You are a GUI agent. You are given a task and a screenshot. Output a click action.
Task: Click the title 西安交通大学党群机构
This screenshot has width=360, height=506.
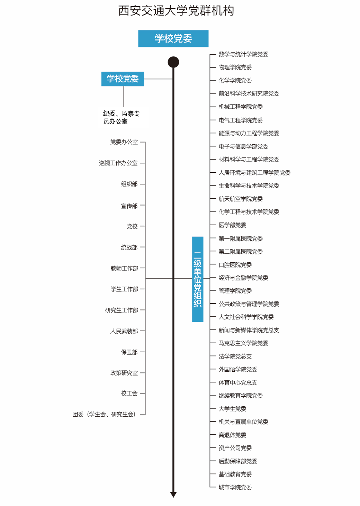pos(176,11)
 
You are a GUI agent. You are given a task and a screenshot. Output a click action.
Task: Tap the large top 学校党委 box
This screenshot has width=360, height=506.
pos(173,39)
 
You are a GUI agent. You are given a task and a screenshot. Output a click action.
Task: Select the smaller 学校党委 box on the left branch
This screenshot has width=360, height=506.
pos(123,79)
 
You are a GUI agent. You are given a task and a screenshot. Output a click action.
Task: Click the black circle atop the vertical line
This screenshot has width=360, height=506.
pos(173,62)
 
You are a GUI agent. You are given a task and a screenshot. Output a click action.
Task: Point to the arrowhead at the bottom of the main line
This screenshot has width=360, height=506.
pos(173,495)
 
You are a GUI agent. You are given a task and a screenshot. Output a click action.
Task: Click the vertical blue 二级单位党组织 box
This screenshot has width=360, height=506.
pos(198,279)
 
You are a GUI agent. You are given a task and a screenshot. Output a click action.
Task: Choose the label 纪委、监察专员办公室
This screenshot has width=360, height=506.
pos(121,117)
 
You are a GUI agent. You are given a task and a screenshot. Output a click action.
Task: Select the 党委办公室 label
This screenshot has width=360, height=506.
pos(124,142)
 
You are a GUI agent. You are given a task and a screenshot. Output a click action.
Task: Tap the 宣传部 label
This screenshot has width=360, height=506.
pos(129,206)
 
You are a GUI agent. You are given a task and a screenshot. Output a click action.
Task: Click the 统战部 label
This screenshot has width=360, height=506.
pos(129,247)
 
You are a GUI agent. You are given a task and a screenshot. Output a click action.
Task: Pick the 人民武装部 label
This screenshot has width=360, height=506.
pos(124,331)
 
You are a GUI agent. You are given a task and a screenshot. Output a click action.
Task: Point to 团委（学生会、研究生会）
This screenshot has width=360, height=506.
pos(104,414)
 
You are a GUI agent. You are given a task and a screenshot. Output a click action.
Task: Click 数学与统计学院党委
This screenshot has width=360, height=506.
pos(243,54)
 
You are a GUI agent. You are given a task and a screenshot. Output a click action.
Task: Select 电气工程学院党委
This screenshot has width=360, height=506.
pos(241,120)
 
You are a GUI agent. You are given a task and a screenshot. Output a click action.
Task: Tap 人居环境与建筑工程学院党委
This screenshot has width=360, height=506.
pos(254,173)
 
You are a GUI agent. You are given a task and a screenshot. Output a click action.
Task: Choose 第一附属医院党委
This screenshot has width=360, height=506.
pos(241,238)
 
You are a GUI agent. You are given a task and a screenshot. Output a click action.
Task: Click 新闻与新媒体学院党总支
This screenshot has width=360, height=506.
pos(249,330)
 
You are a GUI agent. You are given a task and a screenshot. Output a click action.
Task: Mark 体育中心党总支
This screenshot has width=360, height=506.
pos(238,382)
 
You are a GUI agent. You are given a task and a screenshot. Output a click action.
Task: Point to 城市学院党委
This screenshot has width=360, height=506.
pos(235,487)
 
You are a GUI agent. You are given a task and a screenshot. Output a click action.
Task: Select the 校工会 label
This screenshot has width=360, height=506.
pos(129,394)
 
